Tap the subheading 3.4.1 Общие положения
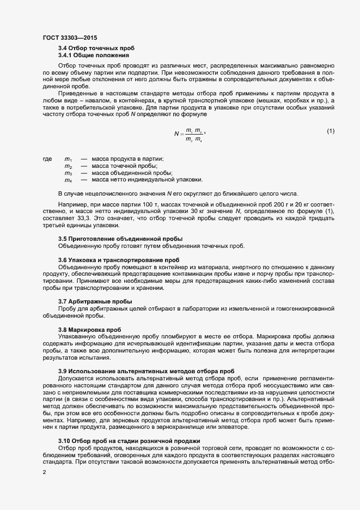(94, 55)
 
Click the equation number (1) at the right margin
(331, 131)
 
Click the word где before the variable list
(47, 159)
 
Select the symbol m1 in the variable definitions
(69, 159)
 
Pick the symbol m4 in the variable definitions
(69, 180)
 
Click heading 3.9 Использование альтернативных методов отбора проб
(146, 371)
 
